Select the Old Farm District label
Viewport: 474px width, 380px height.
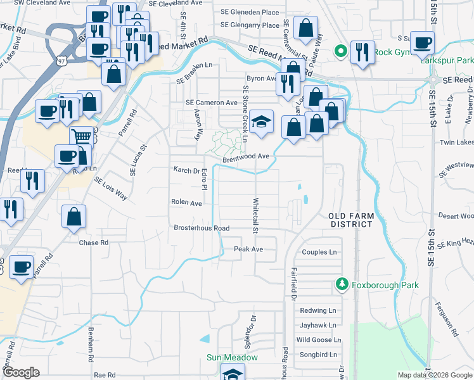[x=351, y=220]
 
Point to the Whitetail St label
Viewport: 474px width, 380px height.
[x=256, y=216]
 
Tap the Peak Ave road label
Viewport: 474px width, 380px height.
[x=248, y=249]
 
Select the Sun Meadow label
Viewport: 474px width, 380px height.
[x=232, y=357]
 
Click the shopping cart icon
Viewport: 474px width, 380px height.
[x=80, y=136]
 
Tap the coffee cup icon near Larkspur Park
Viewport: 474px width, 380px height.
[x=422, y=43]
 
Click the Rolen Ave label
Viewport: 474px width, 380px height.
[x=186, y=203]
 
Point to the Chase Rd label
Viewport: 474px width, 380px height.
[x=94, y=243]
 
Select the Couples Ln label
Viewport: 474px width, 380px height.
[x=319, y=252]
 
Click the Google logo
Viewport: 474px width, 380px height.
[x=21, y=372]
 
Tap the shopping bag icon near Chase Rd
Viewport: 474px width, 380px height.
[x=74, y=216]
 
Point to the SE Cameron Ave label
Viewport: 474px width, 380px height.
[x=211, y=103]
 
